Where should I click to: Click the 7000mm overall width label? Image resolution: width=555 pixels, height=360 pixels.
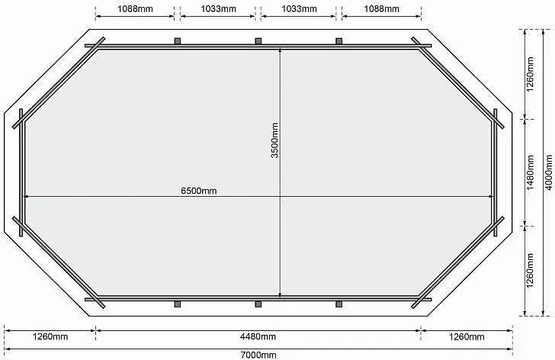[x=258, y=355]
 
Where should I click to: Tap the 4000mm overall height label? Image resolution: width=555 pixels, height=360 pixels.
[x=549, y=172]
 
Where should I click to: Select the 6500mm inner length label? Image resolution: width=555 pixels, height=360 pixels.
[x=198, y=191]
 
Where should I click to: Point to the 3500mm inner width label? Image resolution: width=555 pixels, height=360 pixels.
[x=274, y=140]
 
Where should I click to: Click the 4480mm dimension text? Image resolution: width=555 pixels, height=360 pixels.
[x=258, y=336]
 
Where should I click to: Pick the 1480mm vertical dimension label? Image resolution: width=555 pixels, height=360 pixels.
[x=531, y=172]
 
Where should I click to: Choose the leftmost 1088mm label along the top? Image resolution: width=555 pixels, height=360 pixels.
[x=135, y=9]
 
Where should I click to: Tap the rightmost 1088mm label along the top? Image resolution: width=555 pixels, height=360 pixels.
[x=381, y=9]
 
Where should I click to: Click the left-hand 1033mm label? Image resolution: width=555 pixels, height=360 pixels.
[x=218, y=9]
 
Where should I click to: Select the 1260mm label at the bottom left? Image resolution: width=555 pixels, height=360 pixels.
[x=50, y=336]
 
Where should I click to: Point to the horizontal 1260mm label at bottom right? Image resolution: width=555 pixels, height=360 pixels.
[x=467, y=336]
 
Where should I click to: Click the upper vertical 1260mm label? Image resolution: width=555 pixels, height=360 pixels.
[x=531, y=74]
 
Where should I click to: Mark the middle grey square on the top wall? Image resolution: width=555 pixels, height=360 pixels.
[x=258, y=41]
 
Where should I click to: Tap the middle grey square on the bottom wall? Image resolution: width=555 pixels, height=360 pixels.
[x=258, y=304]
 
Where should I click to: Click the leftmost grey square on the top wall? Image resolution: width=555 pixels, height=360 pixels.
[x=178, y=41]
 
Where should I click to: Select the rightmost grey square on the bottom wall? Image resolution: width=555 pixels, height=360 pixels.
[x=339, y=304]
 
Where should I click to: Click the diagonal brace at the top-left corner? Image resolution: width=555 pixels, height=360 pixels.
[x=59, y=82]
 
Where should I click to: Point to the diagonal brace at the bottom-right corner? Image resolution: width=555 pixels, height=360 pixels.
[x=457, y=262]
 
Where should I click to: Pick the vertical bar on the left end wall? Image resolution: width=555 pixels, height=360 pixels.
[x=21, y=172]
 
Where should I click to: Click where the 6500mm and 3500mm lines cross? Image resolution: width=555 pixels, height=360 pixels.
[x=280, y=196]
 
